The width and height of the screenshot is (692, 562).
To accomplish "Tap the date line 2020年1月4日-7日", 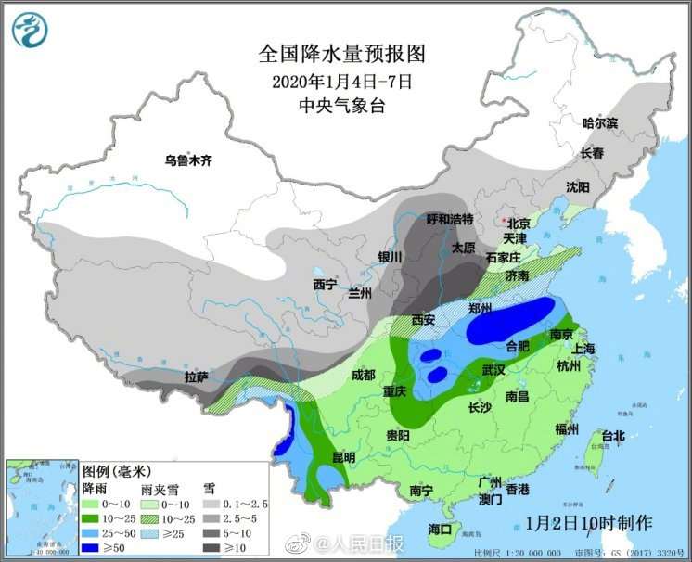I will [x=342, y=81].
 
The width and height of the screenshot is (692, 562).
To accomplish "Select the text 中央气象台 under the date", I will [x=342, y=106].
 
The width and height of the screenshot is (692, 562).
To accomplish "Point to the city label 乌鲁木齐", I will [x=188, y=160].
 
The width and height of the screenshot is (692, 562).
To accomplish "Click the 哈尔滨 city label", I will [x=599, y=123].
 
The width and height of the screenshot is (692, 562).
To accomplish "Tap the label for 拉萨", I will [x=196, y=377].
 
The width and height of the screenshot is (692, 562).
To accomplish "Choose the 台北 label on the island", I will [x=613, y=435].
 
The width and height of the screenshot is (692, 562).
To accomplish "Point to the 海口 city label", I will [x=440, y=529].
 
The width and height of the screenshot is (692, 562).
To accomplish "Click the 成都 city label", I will [x=364, y=376].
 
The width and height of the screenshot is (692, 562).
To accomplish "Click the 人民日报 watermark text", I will [x=369, y=543].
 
